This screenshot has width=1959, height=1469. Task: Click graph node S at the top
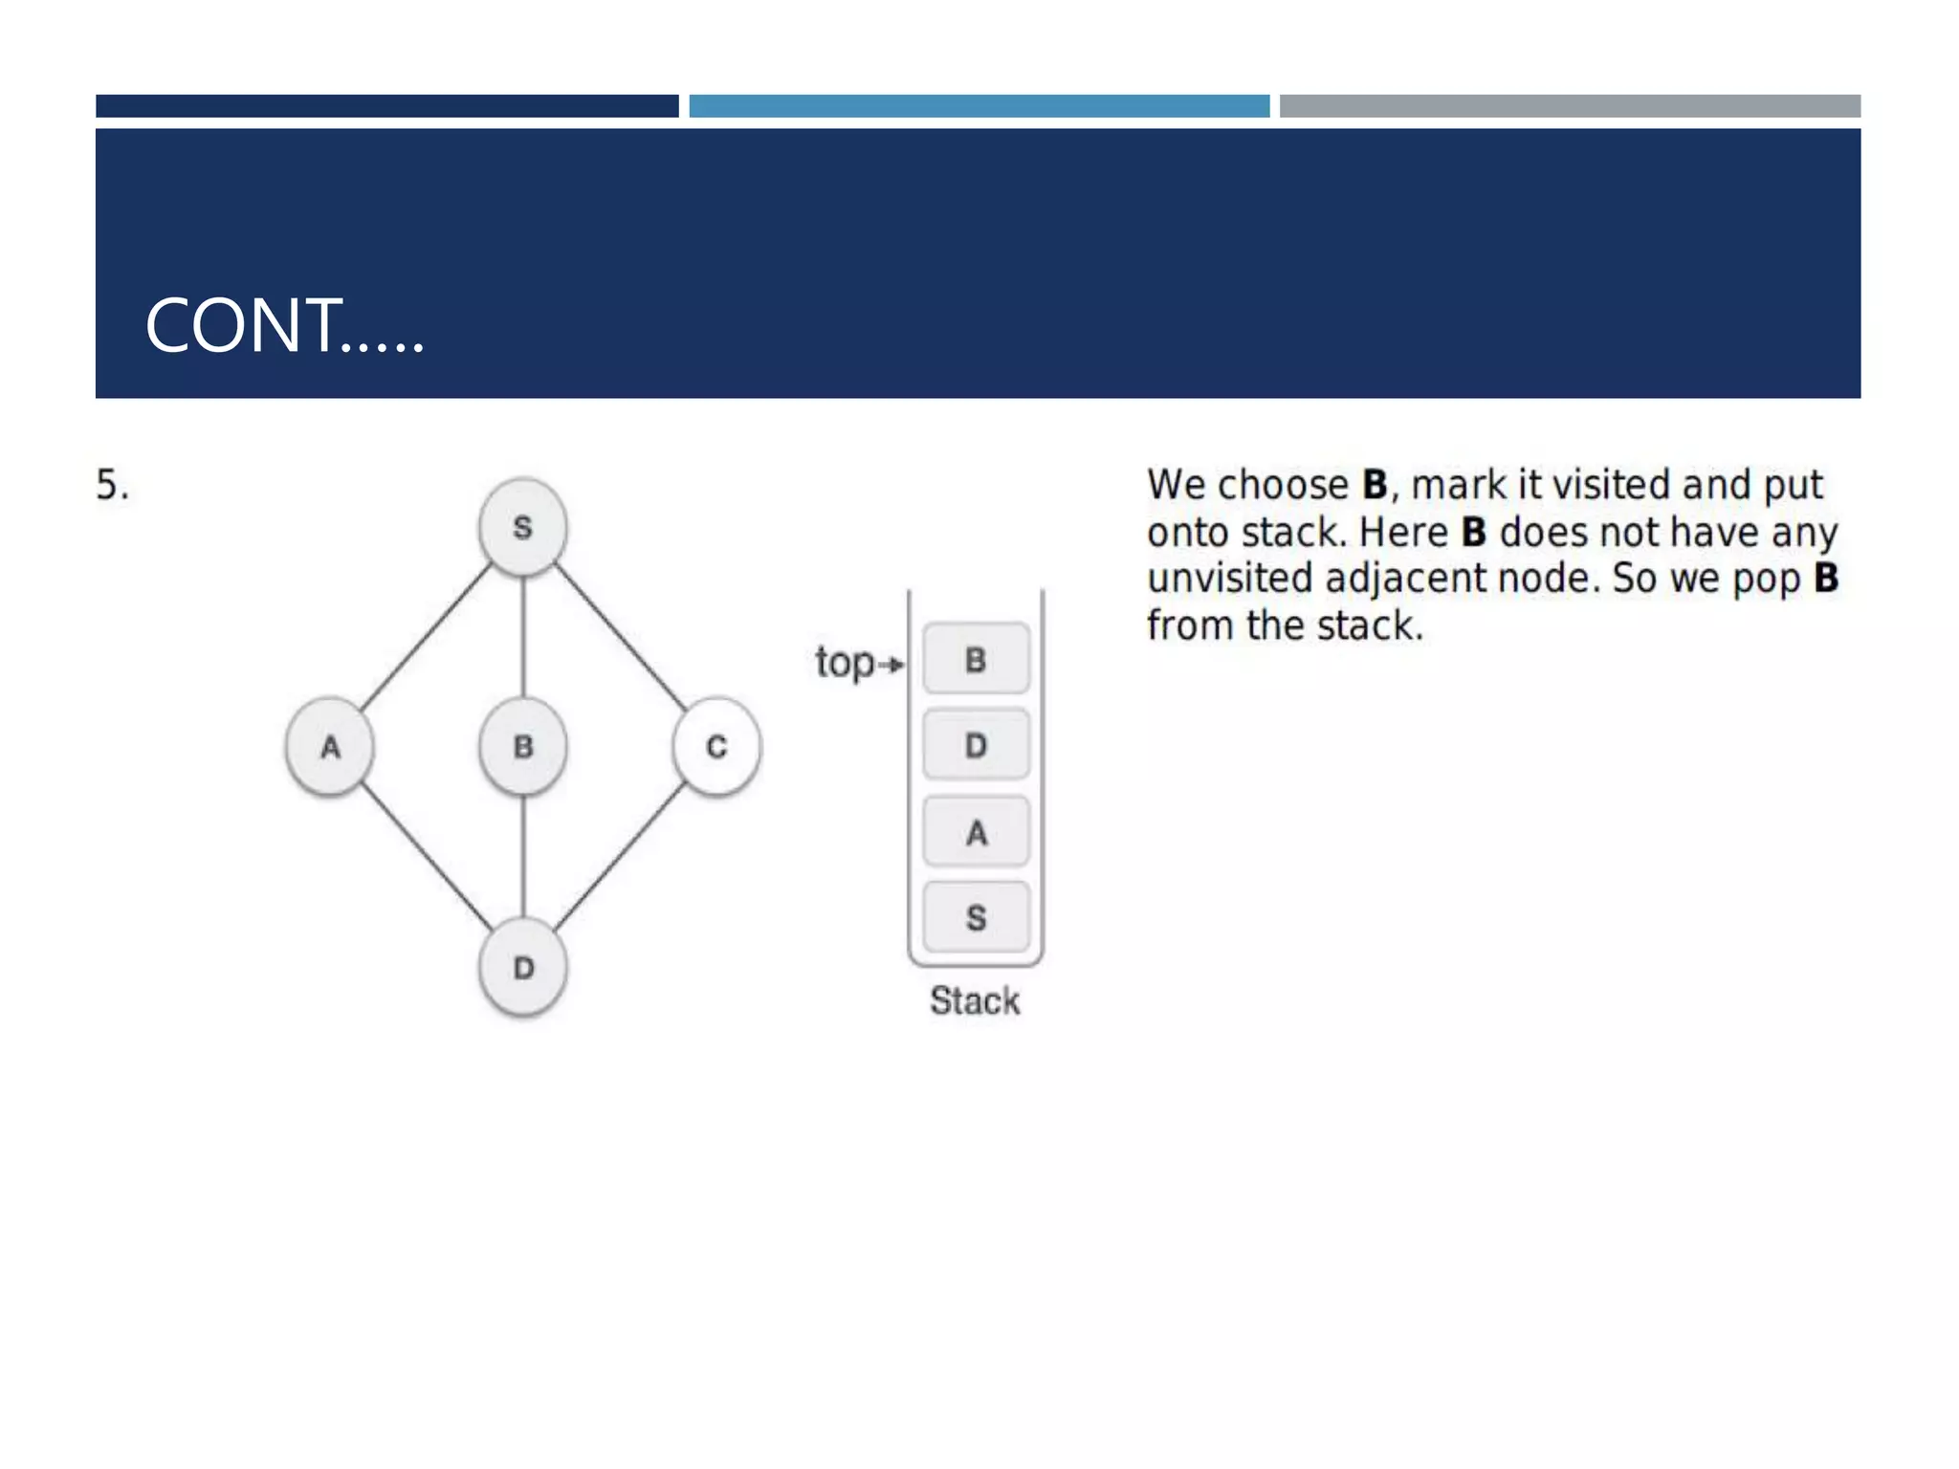(x=522, y=527)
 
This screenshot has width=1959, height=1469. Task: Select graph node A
(x=330, y=747)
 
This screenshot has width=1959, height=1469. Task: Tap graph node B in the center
(x=522, y=747)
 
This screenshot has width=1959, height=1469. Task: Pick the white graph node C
(x=716, y=747)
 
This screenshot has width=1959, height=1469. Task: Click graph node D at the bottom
(x=522, y=968)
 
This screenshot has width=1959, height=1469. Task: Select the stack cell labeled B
(x=976, y=659)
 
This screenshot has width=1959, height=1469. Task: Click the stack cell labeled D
(x=976, y=745)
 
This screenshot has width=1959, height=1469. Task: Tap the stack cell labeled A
(x=976, y=832)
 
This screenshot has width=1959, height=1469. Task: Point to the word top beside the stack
(x=844, y=662)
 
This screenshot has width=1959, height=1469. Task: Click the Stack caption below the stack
(x=975, y=1001)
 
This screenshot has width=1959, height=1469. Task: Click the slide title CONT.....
(x=284, y=326)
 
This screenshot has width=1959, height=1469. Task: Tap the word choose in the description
(x=1281, y=486)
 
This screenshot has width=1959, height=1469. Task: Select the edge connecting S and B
(x=522, y=636)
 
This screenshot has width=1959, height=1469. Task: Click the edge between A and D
(x=426, y=856)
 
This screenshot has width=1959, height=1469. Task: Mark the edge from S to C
(x=620, y=636)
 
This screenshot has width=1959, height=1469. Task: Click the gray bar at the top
(x=1569, y=105)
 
